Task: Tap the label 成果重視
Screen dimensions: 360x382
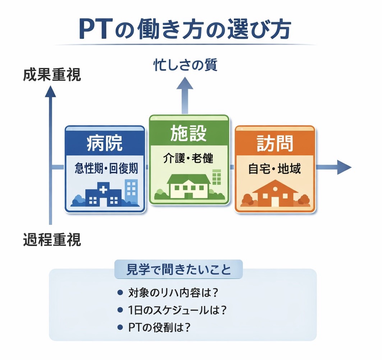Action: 52,75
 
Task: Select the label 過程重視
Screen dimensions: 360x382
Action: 52,240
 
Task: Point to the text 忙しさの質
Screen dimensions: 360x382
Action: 185,65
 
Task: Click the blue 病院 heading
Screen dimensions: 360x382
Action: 105,143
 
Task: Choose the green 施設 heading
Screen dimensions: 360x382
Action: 189,133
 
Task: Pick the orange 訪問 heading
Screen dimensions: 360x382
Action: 275,143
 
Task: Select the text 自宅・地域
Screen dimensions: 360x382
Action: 275,168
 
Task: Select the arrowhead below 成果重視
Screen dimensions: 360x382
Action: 50,92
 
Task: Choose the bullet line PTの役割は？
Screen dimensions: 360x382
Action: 159,327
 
